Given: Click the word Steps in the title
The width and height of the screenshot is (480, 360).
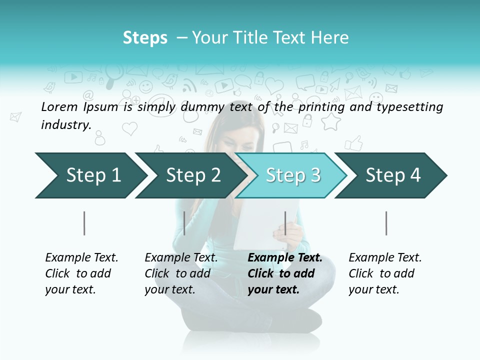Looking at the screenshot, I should (x=145, y=38).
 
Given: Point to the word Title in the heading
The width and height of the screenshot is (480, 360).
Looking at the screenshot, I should (x=244, y=38).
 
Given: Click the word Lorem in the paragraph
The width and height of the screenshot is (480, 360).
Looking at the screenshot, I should (x=58, y=107).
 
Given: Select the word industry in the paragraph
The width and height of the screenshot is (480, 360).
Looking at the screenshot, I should (x=65, y=125).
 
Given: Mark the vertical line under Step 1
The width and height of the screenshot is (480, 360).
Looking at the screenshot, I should (x=84, y=223).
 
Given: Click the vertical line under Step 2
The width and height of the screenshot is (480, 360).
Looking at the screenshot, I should (x=184, y=223).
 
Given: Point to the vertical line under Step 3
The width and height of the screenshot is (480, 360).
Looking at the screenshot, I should (x=285, y=223).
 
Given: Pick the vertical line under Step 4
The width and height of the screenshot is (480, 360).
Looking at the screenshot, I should (x=386, y=223).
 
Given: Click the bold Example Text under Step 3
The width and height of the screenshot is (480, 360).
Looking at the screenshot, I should (x=285, y=258).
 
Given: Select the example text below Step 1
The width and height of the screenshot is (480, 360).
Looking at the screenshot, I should (x=81, y=273).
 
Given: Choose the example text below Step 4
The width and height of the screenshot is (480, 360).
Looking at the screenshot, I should (x=385, y=273).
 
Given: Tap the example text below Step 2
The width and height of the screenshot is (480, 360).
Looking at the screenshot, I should (x=181, y=273).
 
